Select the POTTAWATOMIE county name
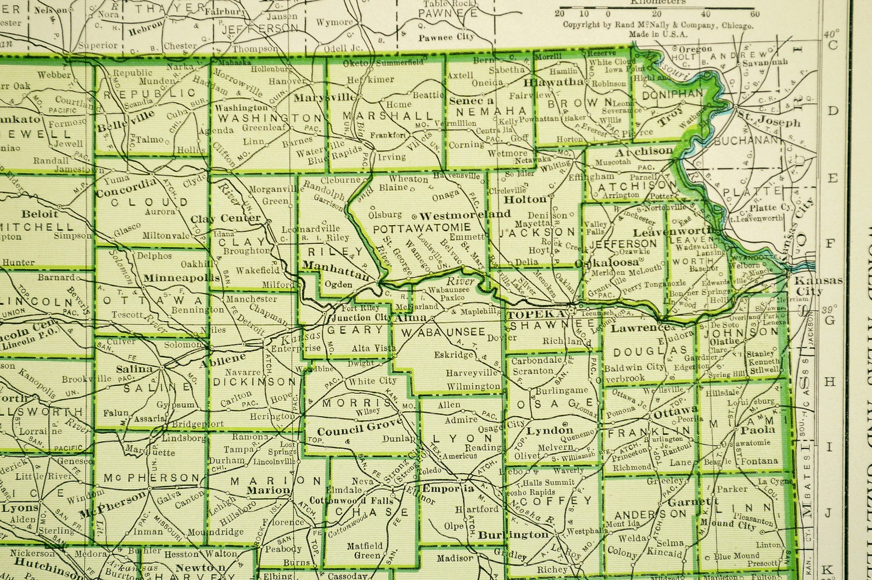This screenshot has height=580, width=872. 421,227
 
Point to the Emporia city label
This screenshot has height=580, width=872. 448,488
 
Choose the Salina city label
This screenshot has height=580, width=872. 134,369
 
